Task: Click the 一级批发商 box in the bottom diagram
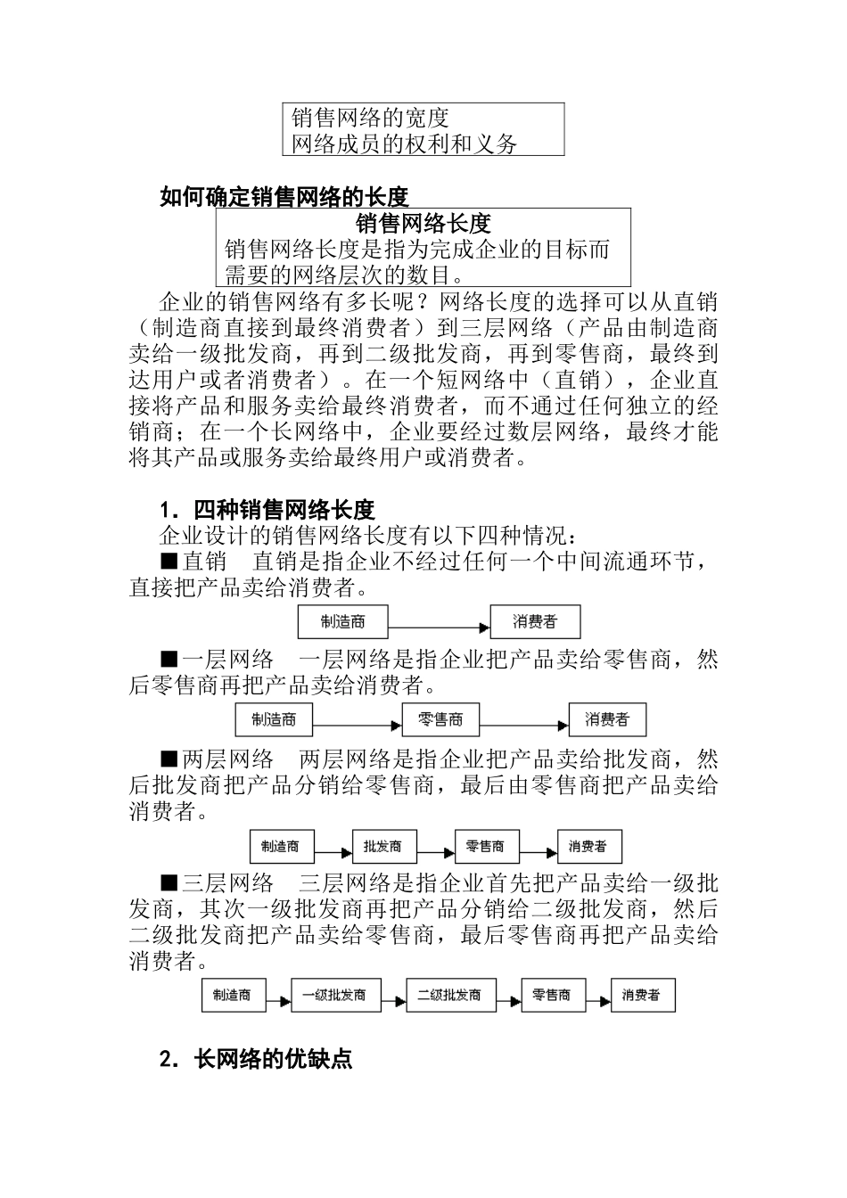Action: tap(334, 995)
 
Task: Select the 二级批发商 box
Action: tap(449, 995)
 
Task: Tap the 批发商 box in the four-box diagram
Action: tap(382, 846)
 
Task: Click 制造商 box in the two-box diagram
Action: tap(342, 622)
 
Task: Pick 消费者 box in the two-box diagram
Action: tap(535, 622)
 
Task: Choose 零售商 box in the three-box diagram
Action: tap(440, 719)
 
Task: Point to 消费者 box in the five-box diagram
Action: tap(641, 995)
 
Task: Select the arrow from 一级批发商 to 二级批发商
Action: tap(393, 996)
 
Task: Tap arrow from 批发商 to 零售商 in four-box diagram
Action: tap(434, 847)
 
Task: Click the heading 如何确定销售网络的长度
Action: tap(284, 196)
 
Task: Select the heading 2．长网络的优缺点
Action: tap(255, 1060)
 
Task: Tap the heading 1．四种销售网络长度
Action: tap(267, 511)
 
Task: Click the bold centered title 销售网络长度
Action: tap(423, 223)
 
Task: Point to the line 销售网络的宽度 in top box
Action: tap(370, 118)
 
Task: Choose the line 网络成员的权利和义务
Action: tap(404, 144)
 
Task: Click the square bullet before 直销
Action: tap(169, 562)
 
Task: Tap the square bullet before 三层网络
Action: tap(169, 883)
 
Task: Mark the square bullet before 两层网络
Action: tap(169, 759)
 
